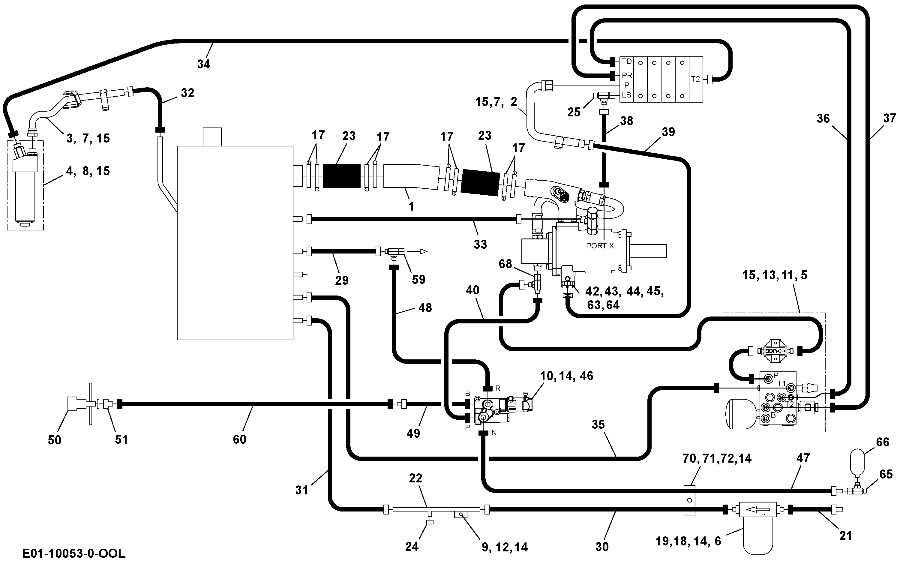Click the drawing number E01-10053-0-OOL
(74, 553)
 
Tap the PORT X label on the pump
(600, 246)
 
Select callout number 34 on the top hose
(204, 64)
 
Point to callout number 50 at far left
(55, 440)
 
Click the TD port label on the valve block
(627, 61)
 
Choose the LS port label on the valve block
(627, 95)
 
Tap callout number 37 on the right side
(889, 118)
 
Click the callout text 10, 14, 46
(567, 376)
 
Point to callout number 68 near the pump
(505, 264)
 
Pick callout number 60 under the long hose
(240, 439)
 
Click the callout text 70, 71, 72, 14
(717, 458)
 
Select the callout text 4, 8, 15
(88, 171)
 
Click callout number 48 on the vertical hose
(425, 307)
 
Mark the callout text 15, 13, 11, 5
(774, 275)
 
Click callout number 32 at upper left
(187, 93)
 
